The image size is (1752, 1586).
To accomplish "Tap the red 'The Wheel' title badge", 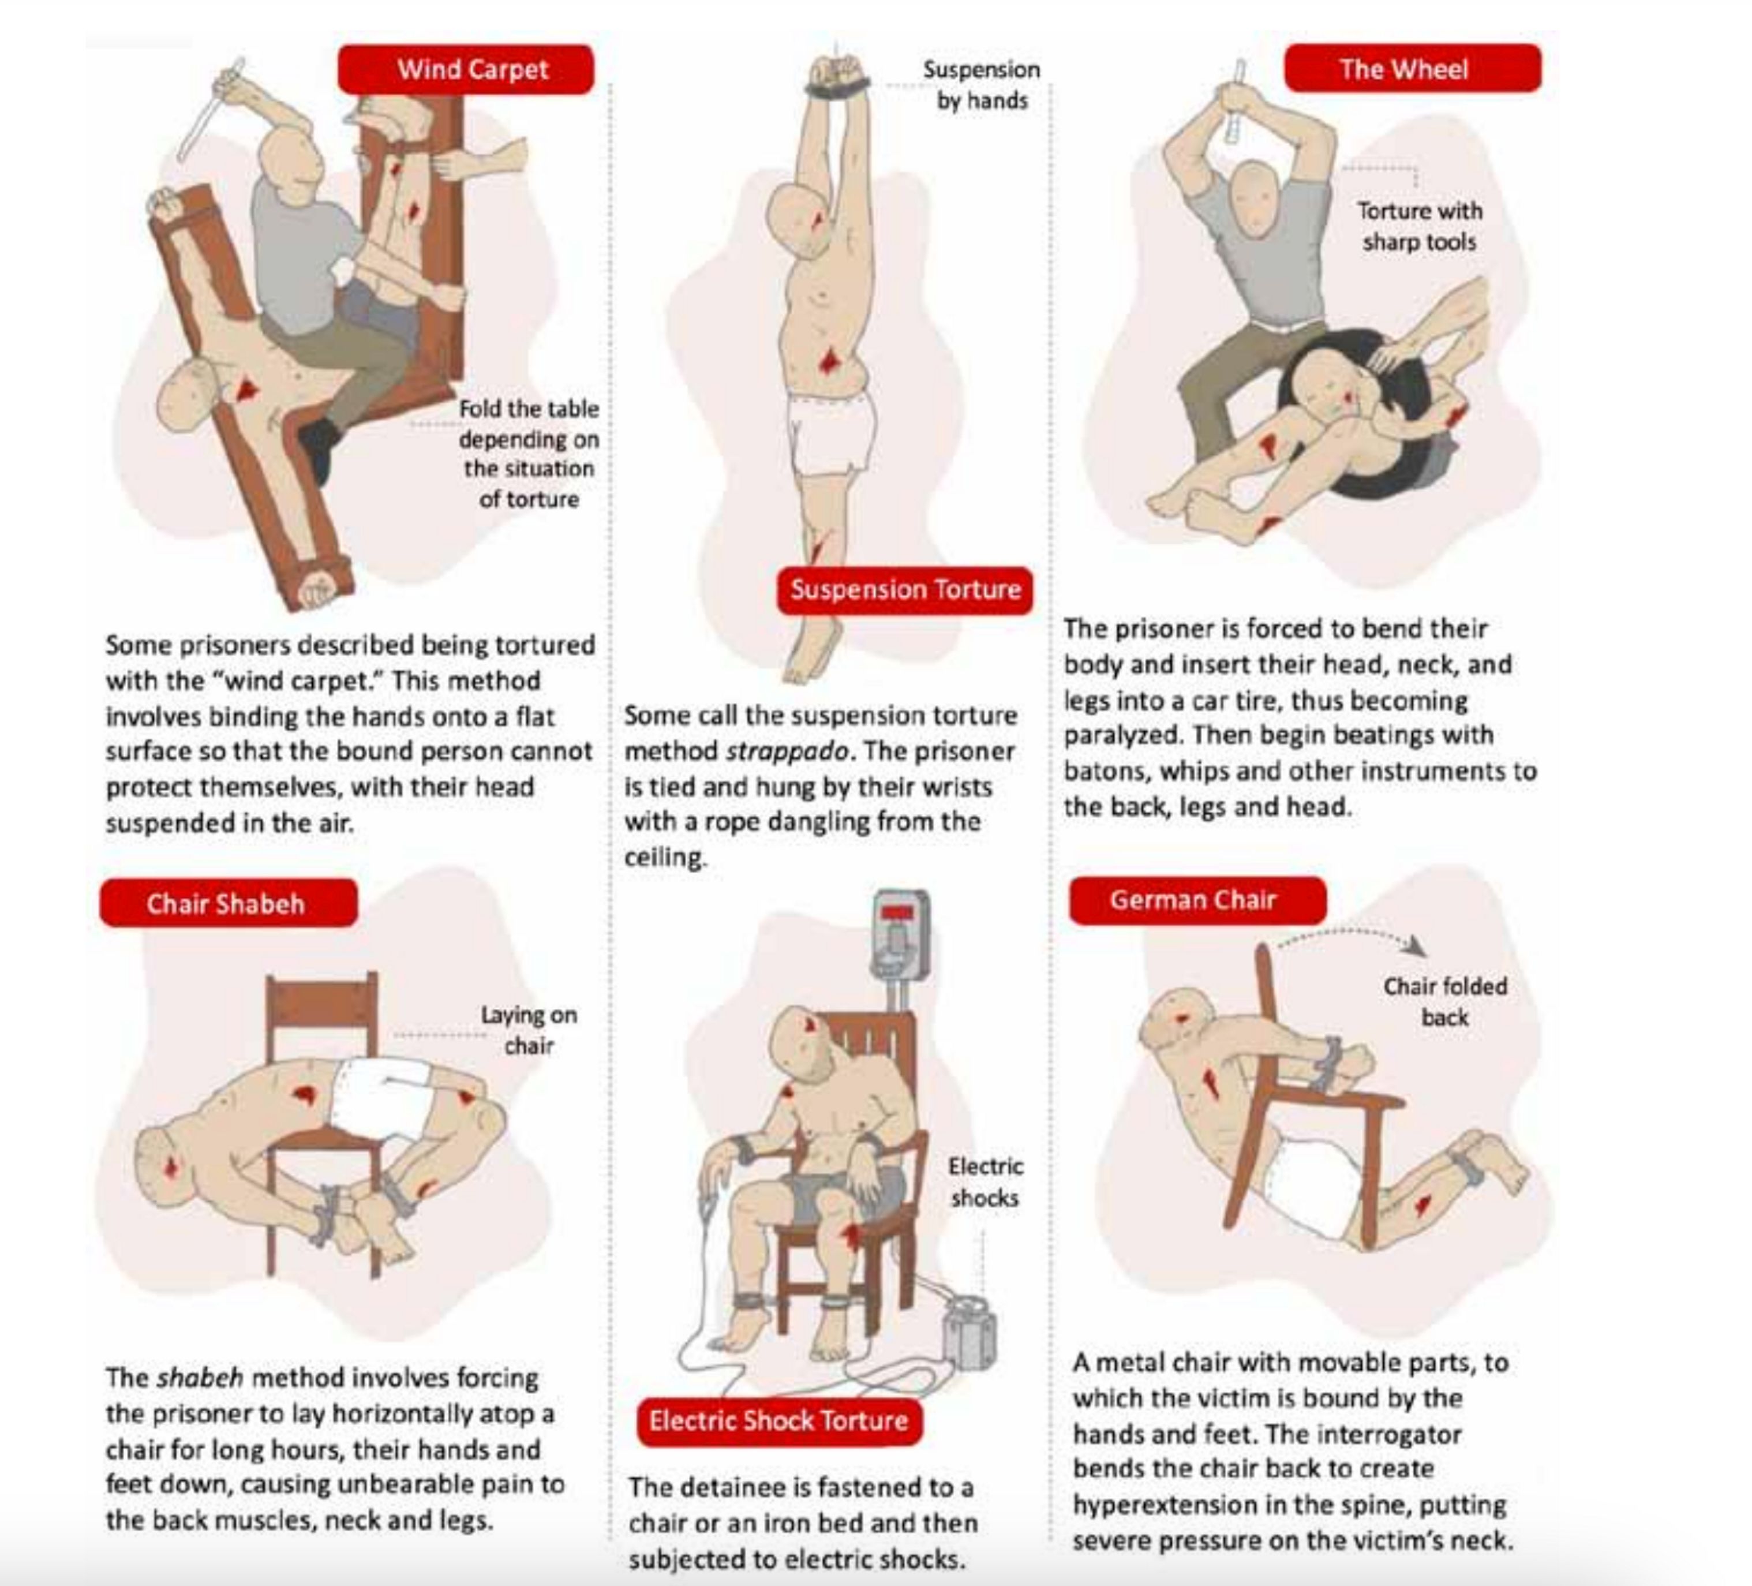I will [1412, 69].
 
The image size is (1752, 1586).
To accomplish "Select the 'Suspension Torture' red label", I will [905, 590].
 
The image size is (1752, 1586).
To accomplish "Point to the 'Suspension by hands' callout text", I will [981, 85].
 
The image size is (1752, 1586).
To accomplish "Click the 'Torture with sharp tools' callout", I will [1419, 226].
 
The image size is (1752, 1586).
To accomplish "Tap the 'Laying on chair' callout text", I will [529, 1030].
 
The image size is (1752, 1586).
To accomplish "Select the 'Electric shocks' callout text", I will [984, 1182].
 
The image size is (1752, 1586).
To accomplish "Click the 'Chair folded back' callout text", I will [1444, 1001].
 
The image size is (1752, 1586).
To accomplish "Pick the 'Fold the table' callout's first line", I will [529, 409].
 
